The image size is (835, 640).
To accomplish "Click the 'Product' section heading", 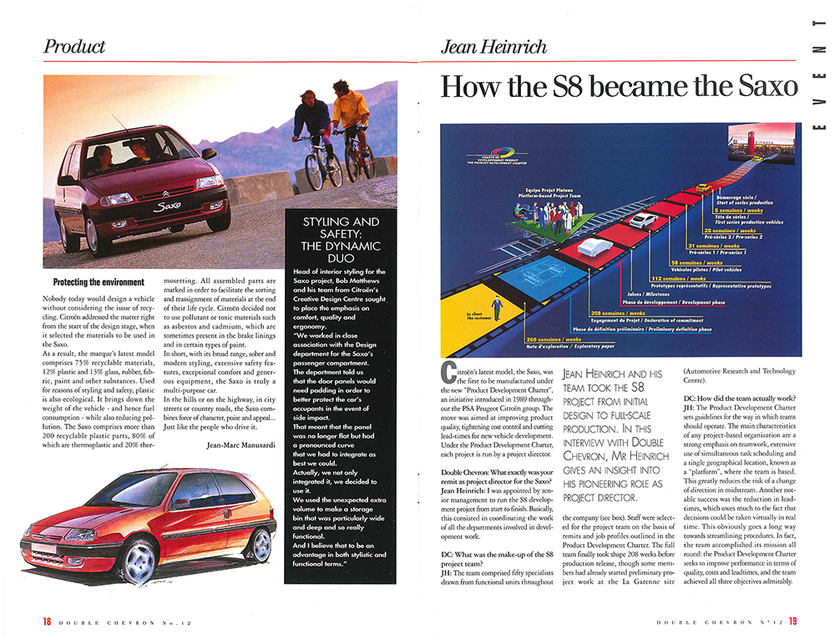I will (74, 47).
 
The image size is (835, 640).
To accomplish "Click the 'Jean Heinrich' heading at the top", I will (493, 47).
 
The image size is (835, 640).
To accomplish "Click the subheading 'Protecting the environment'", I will (99, 282).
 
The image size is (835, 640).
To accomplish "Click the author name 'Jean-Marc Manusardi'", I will (242, 444).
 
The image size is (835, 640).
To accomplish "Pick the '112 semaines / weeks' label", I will (678, 278).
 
